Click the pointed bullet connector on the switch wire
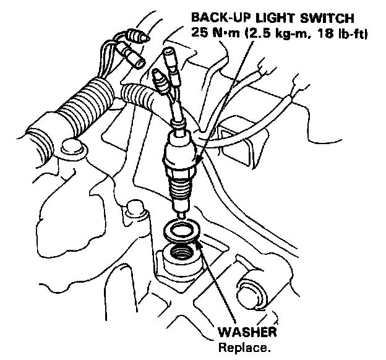pyautogui.click(x=157, y=77)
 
